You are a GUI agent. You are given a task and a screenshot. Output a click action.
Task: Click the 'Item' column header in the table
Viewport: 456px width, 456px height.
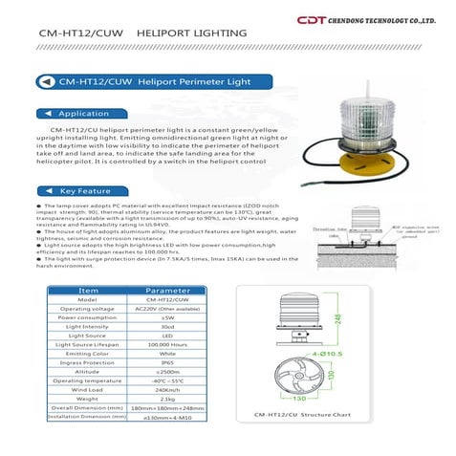pos(88,288)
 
